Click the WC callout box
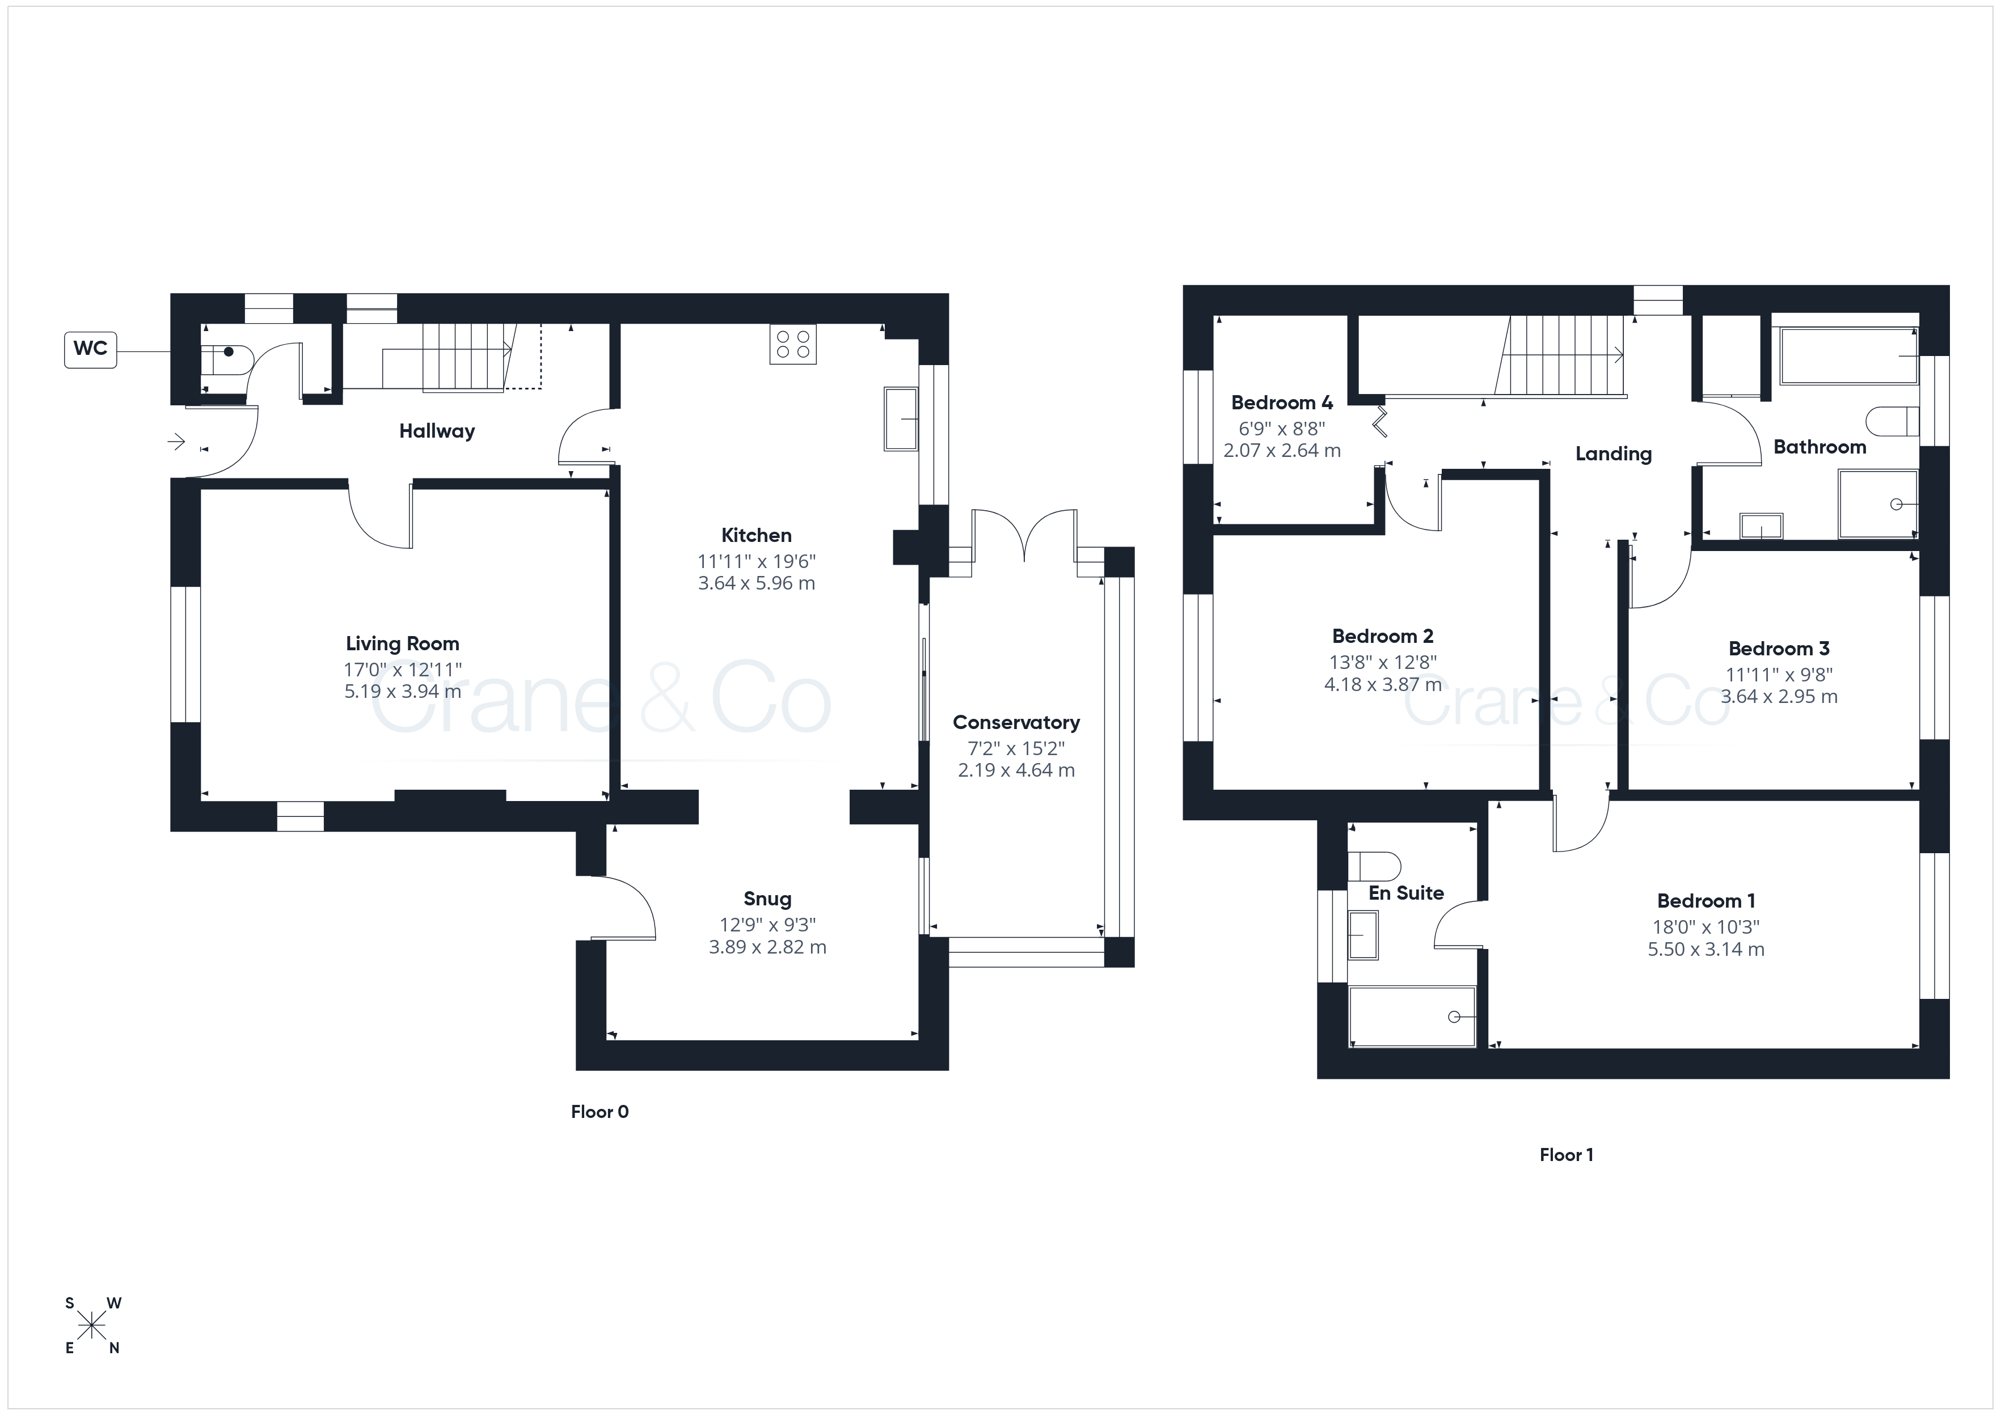91,349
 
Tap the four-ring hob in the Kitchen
793,344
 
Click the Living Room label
403,644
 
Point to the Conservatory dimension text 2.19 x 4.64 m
1016,770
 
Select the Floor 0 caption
600,1112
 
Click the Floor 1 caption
1566,1155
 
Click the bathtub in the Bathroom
1848,355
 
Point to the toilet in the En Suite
1374,867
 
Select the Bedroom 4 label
1282,403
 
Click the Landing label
1613,454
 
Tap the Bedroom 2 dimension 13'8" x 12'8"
1384,662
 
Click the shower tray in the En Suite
1412,1016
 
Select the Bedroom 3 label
1779,649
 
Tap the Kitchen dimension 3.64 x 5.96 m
757,583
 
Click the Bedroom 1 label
1707,901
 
